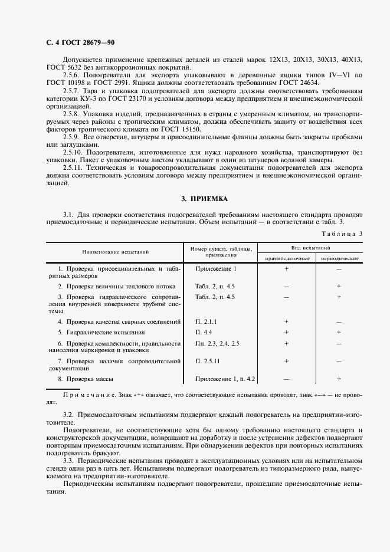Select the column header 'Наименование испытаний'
point(112,252)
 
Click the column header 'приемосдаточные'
point(286,258)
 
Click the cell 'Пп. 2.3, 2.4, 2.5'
point(218,343)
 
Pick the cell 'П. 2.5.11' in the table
point(208,360)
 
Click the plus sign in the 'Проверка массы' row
point(339,379)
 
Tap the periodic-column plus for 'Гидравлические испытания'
point(339,333)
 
